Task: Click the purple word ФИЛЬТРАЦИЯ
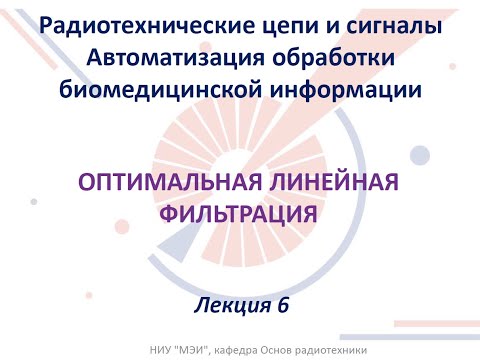[x=240, y=213]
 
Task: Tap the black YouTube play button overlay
[x=240, y=180]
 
